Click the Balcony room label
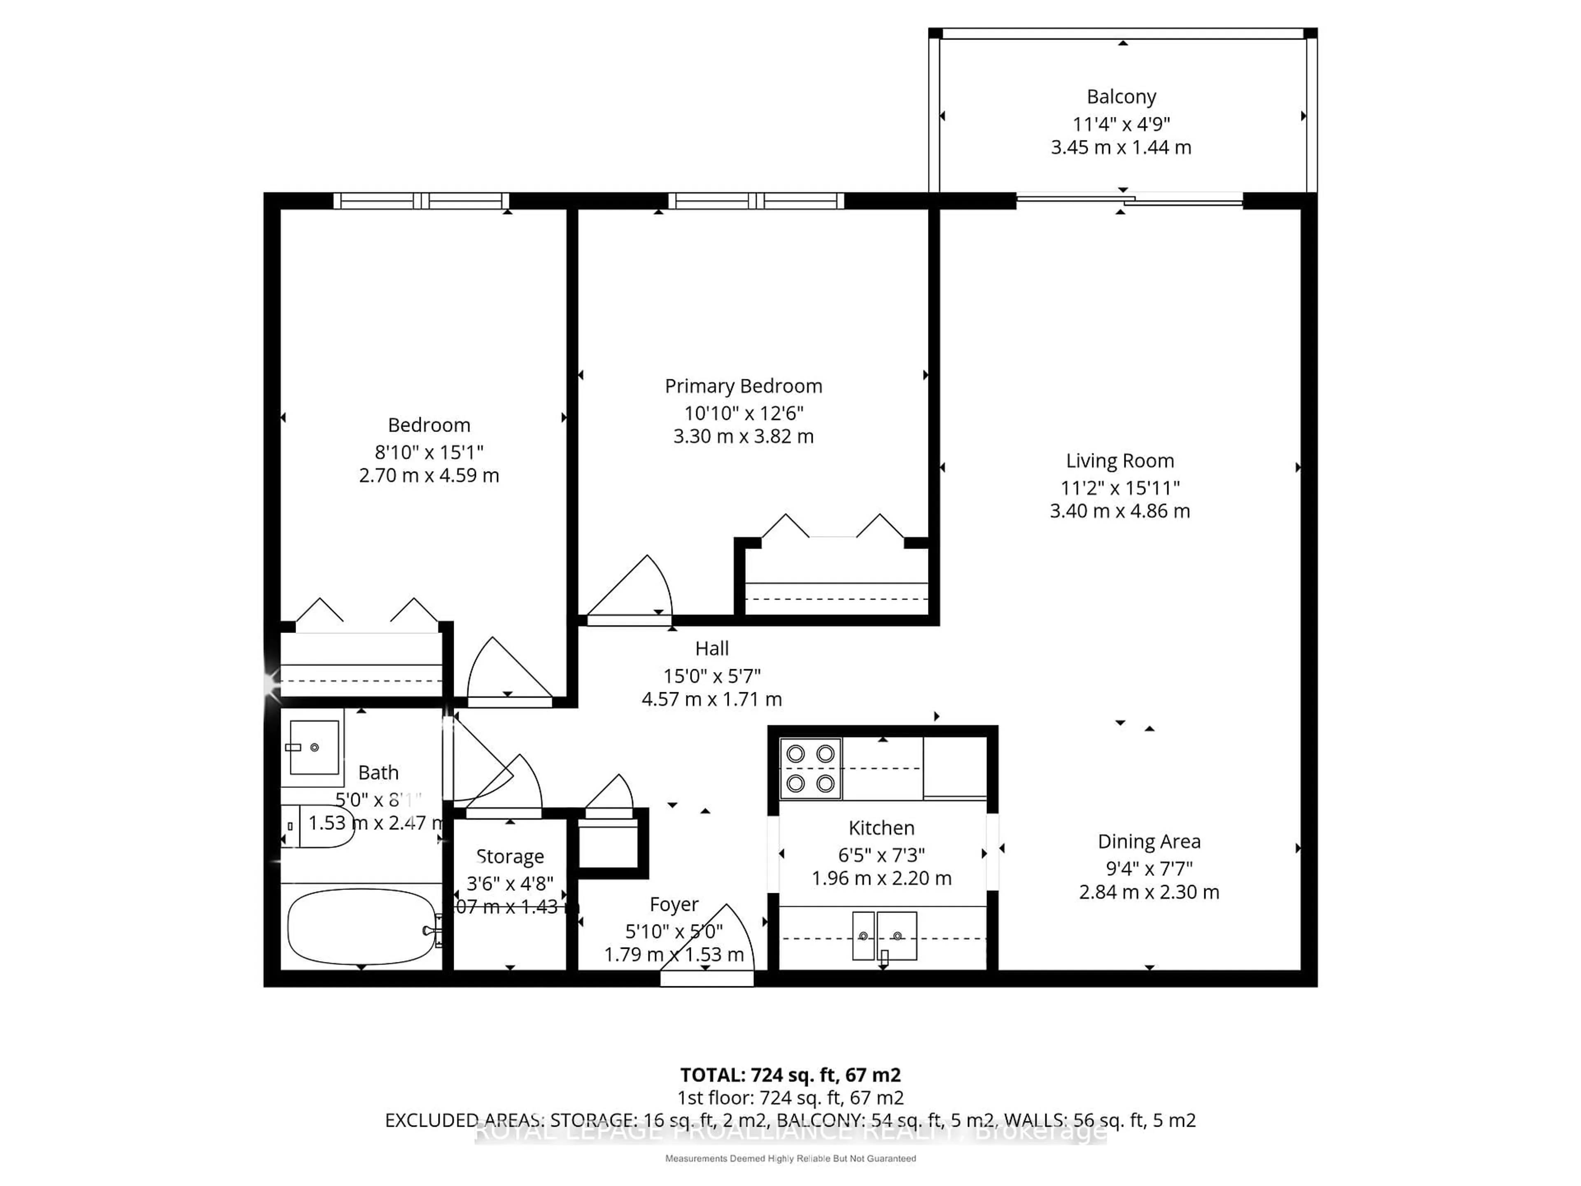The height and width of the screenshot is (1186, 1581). tap(1121, 96)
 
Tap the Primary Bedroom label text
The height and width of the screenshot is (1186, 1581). tap(743, 386)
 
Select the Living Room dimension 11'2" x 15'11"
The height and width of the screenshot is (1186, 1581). tap(1119, 488)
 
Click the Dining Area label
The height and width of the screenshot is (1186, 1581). tap(1149, 841)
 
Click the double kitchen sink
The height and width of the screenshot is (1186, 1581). tap(884, 935)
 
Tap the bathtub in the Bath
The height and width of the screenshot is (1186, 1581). tap(361, 927)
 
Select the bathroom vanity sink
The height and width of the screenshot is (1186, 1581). tap(314, 747)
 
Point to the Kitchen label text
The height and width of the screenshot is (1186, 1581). tap(881, 828)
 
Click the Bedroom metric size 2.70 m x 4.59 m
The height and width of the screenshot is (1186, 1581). tap(429, 475)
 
